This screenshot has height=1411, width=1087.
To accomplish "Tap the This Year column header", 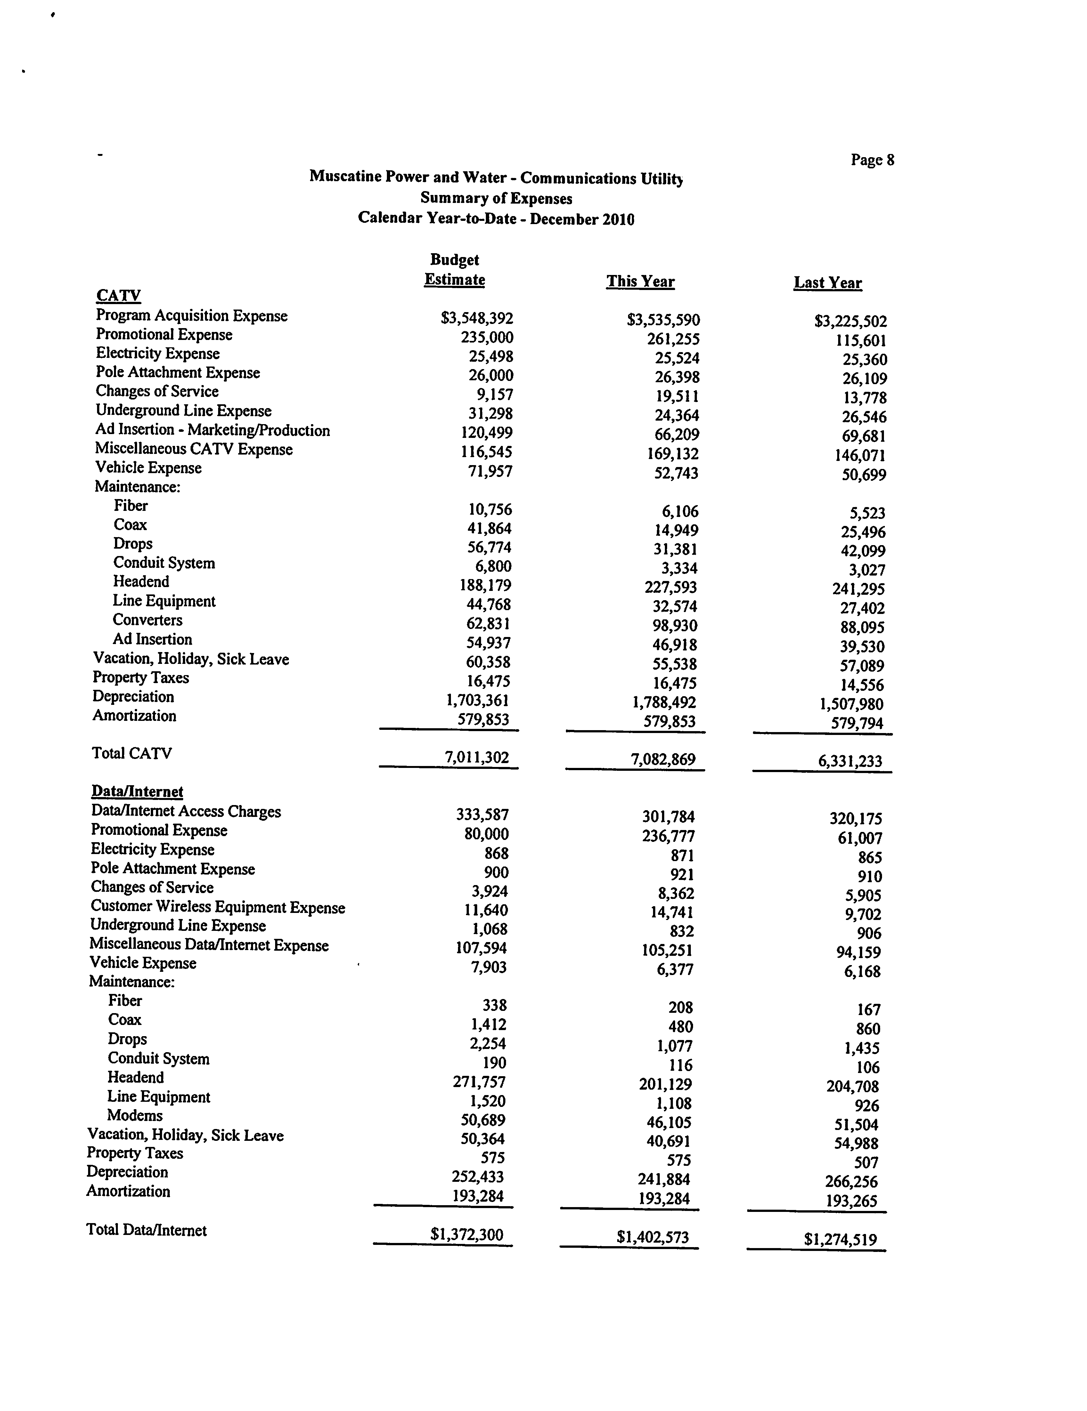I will (640, 282).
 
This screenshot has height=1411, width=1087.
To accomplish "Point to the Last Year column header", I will (827, 283).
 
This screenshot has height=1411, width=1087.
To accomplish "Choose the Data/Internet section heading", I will (137, 791).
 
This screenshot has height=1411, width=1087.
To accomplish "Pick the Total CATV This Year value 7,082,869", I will (663, 759).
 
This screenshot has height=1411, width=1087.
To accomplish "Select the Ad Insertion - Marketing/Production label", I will (213, 430).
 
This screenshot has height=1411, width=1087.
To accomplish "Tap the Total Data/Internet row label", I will (147, 1230).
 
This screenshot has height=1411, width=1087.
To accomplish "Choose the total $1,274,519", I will (840, 1239).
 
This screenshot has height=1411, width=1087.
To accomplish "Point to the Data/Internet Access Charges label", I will (186, 811).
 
